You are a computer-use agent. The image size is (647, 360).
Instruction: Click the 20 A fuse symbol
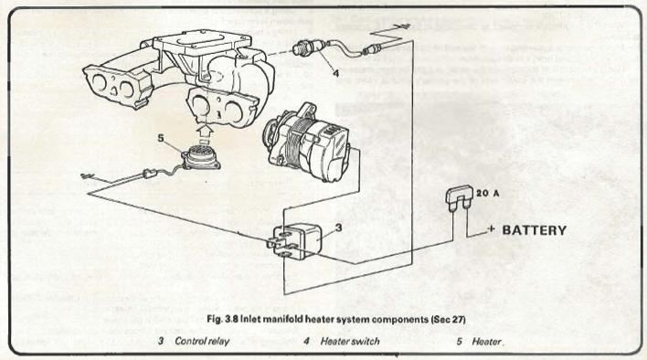[x=459, y=198]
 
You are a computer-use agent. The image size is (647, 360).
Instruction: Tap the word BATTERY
[x=534, y=230]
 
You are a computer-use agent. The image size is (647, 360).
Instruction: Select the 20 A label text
[x=487, y=193]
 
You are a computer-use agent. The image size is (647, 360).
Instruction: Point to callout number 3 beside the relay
[x=338, y=228]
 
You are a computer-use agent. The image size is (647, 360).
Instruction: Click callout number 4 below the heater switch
[x=336, y=73]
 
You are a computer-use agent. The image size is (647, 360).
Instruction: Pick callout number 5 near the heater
[x=161, y=138]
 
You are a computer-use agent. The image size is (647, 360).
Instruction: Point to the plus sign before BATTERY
[x=491, y=228]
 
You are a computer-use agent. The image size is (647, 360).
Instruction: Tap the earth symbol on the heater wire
[x=86, y=176]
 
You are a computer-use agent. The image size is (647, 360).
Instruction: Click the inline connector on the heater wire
[x=149, y=174]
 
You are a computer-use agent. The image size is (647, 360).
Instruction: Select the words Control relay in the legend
[x=202, y=341]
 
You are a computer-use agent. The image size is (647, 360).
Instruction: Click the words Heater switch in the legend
[x=350, y=341]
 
